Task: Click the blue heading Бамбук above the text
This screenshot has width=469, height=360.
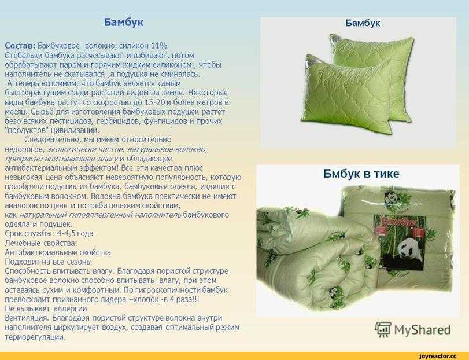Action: click(124, 23)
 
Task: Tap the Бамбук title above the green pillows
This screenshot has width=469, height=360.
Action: click(363, 23)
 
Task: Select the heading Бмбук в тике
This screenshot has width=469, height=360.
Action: click(361, 174)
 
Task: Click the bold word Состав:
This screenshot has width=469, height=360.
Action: click(20, 46)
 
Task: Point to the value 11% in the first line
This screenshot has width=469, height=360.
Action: click(159, 46)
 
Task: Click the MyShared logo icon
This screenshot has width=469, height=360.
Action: click(383, 330)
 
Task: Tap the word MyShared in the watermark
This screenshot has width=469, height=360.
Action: click(422, 330)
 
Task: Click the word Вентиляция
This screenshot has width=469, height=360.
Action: click(27, 318)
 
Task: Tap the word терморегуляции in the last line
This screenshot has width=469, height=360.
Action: click(35, 337)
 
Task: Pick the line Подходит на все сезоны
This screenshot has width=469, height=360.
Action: click(49, 262)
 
